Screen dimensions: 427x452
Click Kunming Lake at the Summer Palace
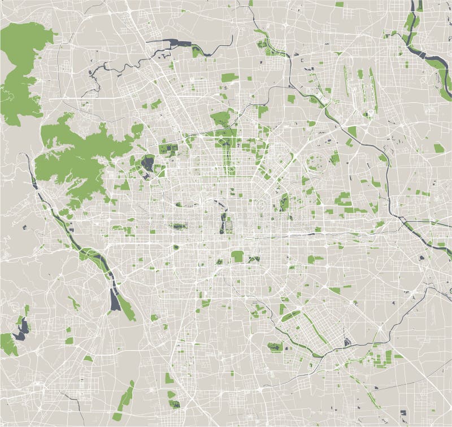coord(149,165)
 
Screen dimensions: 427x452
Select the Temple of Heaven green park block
coord(238,256)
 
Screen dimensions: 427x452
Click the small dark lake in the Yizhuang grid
coord(347,342)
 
